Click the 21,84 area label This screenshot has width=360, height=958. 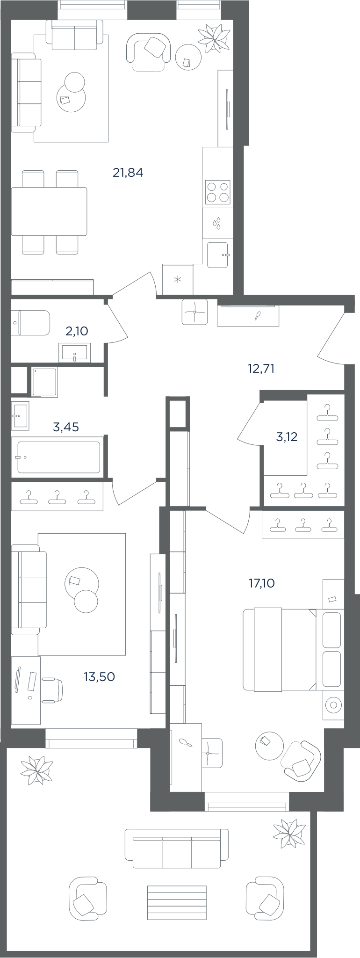128,173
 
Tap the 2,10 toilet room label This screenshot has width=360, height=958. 77,331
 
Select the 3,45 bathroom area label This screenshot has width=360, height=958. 66,427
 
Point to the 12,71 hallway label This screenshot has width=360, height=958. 261,369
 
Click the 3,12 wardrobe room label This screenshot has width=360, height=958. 287,437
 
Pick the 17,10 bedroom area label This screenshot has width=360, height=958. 262,583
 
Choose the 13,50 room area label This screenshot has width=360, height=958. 99,676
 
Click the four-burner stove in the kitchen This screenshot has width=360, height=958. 218,192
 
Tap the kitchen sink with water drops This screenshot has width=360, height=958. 218,223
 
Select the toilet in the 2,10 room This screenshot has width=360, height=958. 30,323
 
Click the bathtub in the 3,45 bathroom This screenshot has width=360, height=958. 58,457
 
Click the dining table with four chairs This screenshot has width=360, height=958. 50,212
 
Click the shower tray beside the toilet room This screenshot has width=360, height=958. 44,382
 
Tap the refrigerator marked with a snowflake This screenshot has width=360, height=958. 178,280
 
